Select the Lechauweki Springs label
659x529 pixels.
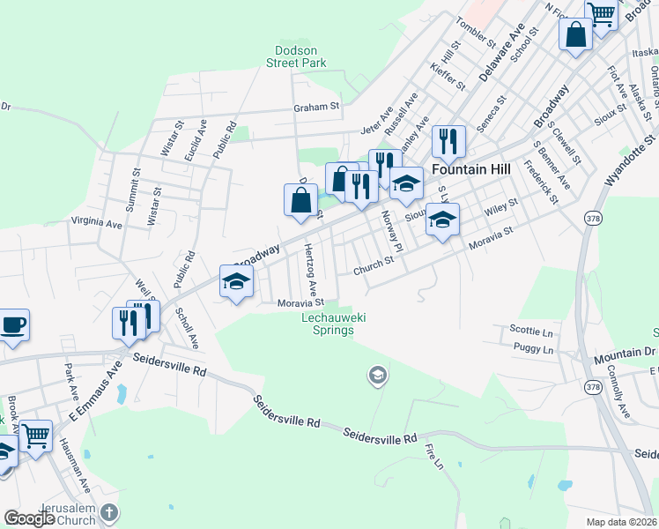tap(328, 324)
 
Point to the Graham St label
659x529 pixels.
tap(316, 107)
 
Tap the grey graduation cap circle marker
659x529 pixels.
tap(377, 376)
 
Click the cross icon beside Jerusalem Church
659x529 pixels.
tap(108, 512)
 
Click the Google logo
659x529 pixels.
tap(29, 518)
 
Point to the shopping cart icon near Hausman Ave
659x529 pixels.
tap(36, 435)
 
